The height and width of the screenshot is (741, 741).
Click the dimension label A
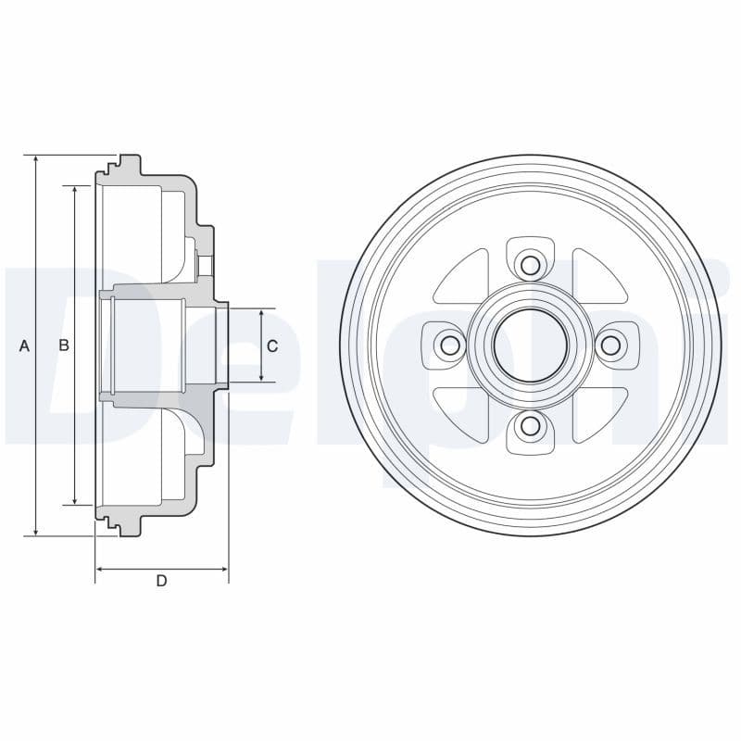click(x=25, y=345)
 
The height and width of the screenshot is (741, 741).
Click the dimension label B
click(x=64, y=345)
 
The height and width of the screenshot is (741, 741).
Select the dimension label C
click(x=271, y=345)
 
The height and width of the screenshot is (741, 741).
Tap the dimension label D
click(x=161, y=581)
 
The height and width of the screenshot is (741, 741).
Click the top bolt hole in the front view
click(x=530, y=266)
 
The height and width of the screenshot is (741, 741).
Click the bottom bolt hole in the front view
click(x=530, y=426)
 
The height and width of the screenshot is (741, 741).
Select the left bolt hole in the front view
click(x=450, y=345)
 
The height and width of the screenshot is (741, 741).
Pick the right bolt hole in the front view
click(x=609, y=345)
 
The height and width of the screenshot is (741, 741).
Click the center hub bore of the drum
click(x=530, y=345)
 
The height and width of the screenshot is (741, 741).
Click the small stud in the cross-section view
click(x=207, y=264)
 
